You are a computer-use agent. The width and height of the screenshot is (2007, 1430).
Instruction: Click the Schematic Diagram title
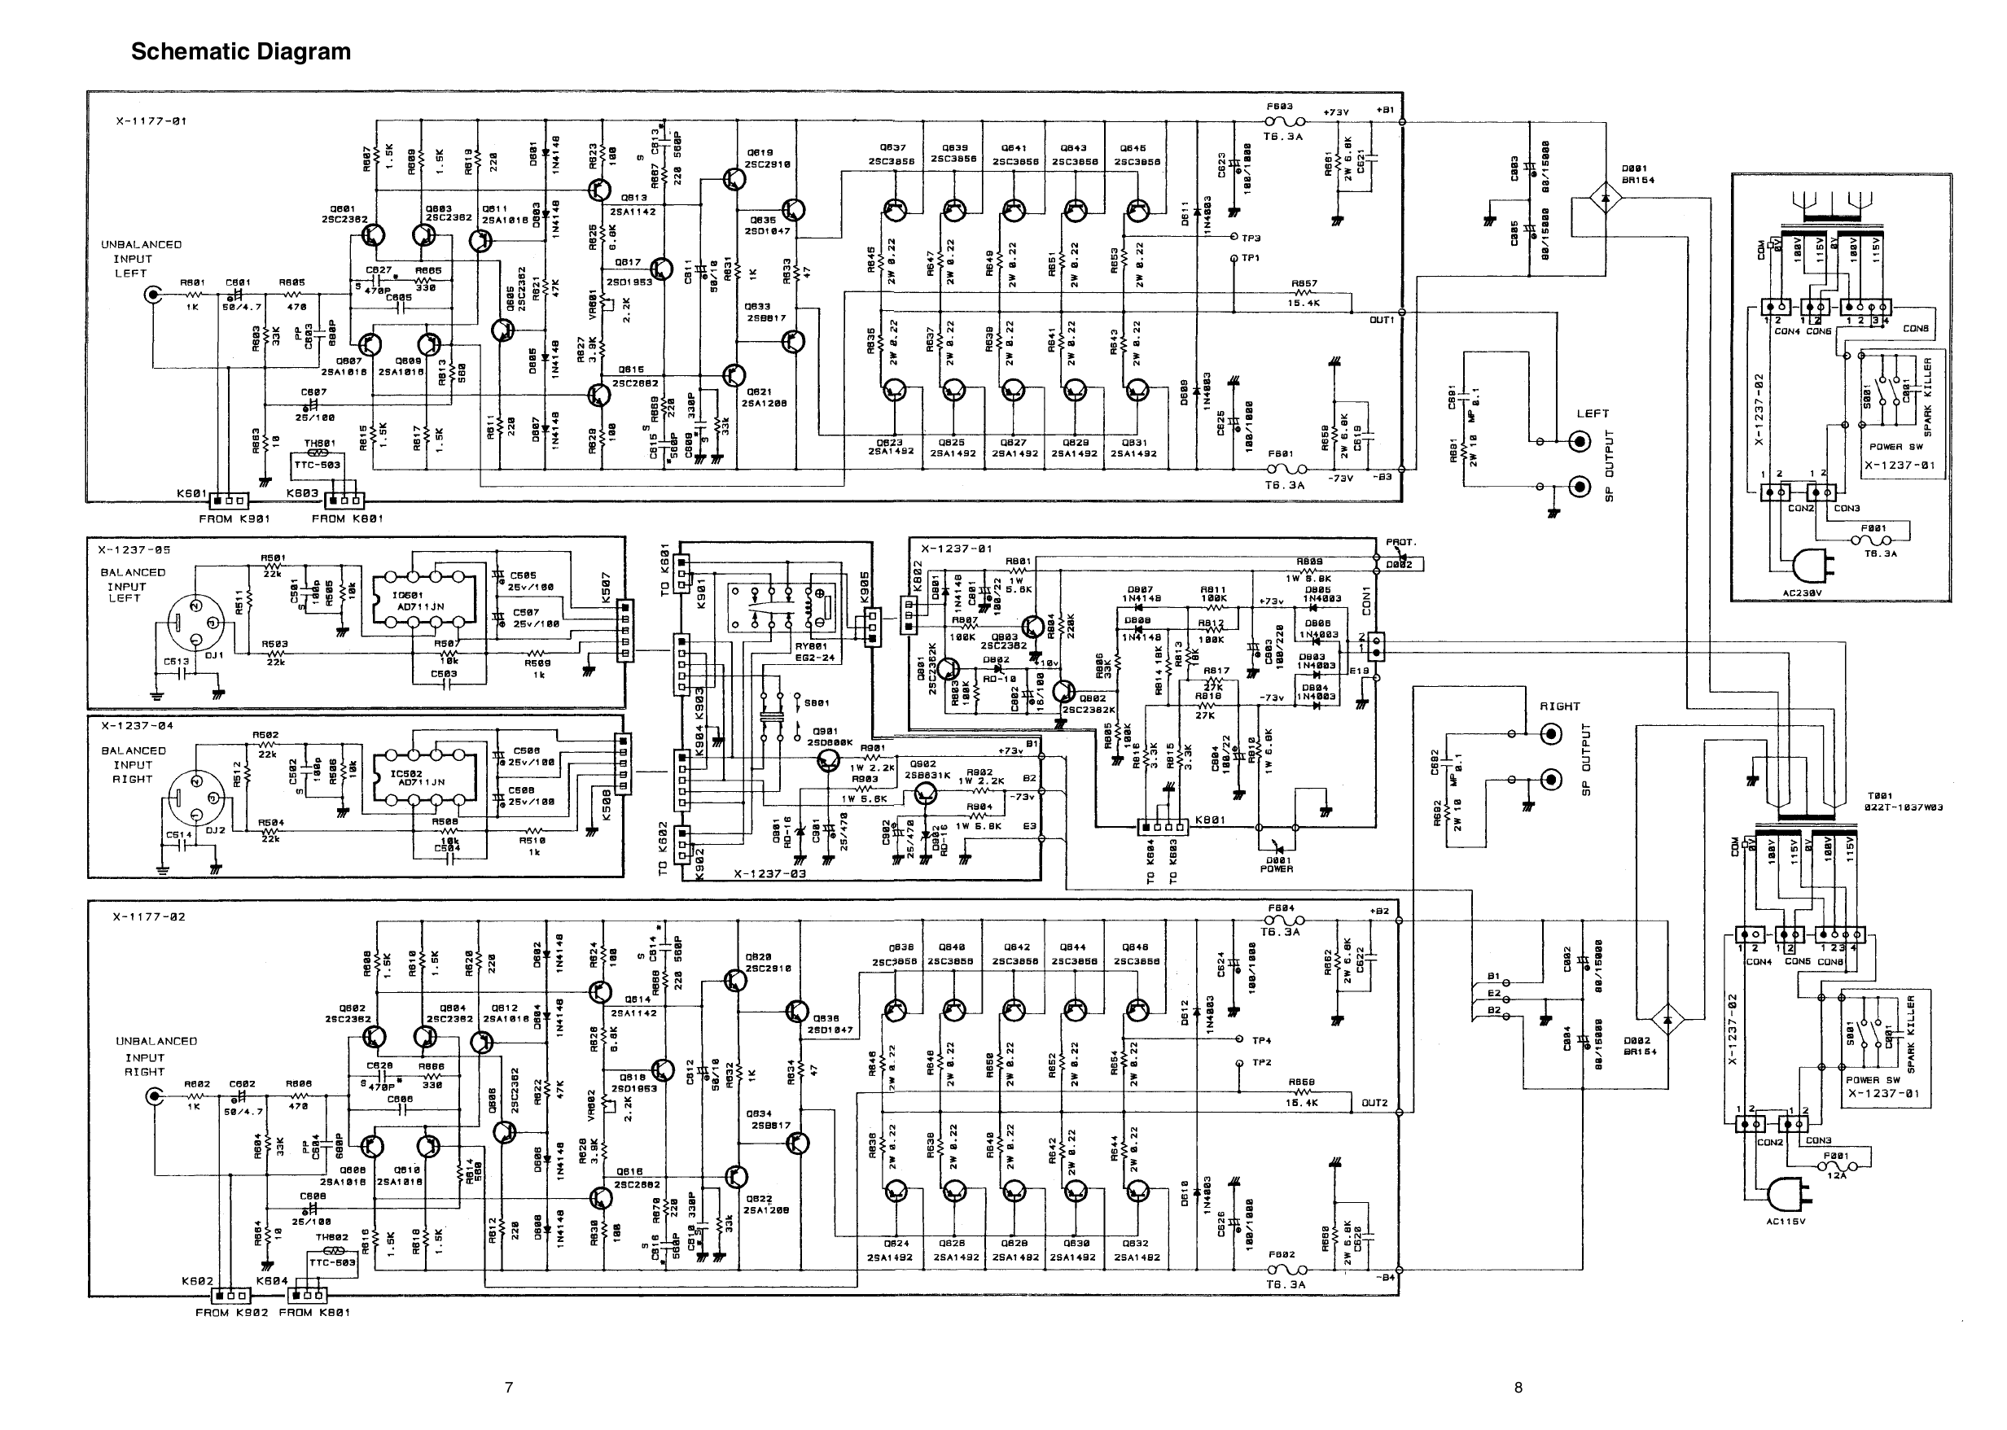(240, 52)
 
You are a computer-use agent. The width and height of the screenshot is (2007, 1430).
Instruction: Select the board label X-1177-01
(151, 121)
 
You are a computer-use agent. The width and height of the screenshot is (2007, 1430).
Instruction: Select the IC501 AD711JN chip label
(419, 601)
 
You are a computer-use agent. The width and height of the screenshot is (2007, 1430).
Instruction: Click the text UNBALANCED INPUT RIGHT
(156, 1056)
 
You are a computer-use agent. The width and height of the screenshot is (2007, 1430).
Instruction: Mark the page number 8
(1518, 1387)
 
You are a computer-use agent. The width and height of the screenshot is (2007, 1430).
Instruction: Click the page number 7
(508, 1387)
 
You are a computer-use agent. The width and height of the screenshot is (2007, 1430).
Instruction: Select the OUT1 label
(1381, 320)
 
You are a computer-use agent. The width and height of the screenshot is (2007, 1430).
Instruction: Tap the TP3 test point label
(1251, 238)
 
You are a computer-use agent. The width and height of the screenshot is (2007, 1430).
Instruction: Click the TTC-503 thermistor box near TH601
(318, 464)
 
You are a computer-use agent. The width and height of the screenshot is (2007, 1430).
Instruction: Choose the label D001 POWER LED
(1277, 864)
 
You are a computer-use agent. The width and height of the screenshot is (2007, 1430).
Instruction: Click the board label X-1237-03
(769, 874)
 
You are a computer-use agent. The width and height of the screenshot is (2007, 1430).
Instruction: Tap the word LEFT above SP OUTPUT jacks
(1593, 413)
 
